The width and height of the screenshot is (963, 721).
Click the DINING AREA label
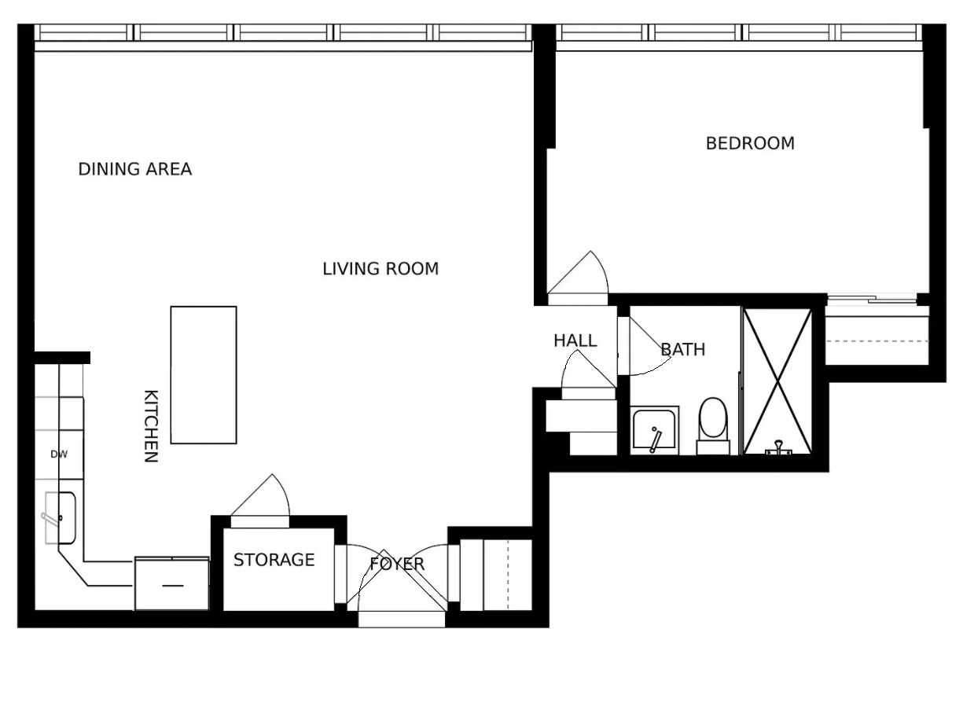[x=134, y=169]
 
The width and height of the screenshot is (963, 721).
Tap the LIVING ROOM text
[x=380, y=269]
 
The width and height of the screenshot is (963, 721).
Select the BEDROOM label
[x=749, y=143]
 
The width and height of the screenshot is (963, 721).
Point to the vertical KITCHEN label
[x=151, y=425]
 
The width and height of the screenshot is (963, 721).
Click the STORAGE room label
[x=274, y=560]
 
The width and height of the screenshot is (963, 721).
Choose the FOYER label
[x=397, y=564]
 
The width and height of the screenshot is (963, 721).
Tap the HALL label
[x=575, y=340]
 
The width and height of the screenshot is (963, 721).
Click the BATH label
[x=682, y=349]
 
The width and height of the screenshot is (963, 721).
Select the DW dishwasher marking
[x=59, y=454]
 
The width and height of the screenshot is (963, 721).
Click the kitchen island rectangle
[x=204, y=375]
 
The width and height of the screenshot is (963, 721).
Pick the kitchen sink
[x=60, y=517]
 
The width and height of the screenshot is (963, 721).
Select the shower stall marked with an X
[x=777, y=381]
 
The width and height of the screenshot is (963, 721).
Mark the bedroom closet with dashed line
[x=876, y=340]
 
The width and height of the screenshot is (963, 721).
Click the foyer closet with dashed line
[x=495, y=575]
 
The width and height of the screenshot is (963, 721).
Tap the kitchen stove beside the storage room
[x=171, y=583]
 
